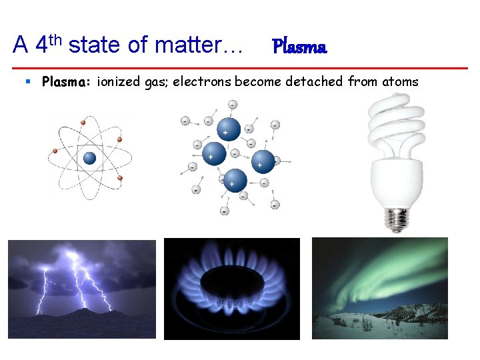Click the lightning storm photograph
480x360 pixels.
click(x=81, y=288)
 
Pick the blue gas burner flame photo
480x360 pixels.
click(x=231, y=288)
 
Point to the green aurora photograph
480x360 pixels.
click(x=380, y=288)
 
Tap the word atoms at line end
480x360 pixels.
click(x=400, y=82)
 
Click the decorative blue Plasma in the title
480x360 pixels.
click(x=299, y=47)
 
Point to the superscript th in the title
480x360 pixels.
click(x=57, y=38)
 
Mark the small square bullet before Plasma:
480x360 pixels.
click(x=28, y=81)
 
